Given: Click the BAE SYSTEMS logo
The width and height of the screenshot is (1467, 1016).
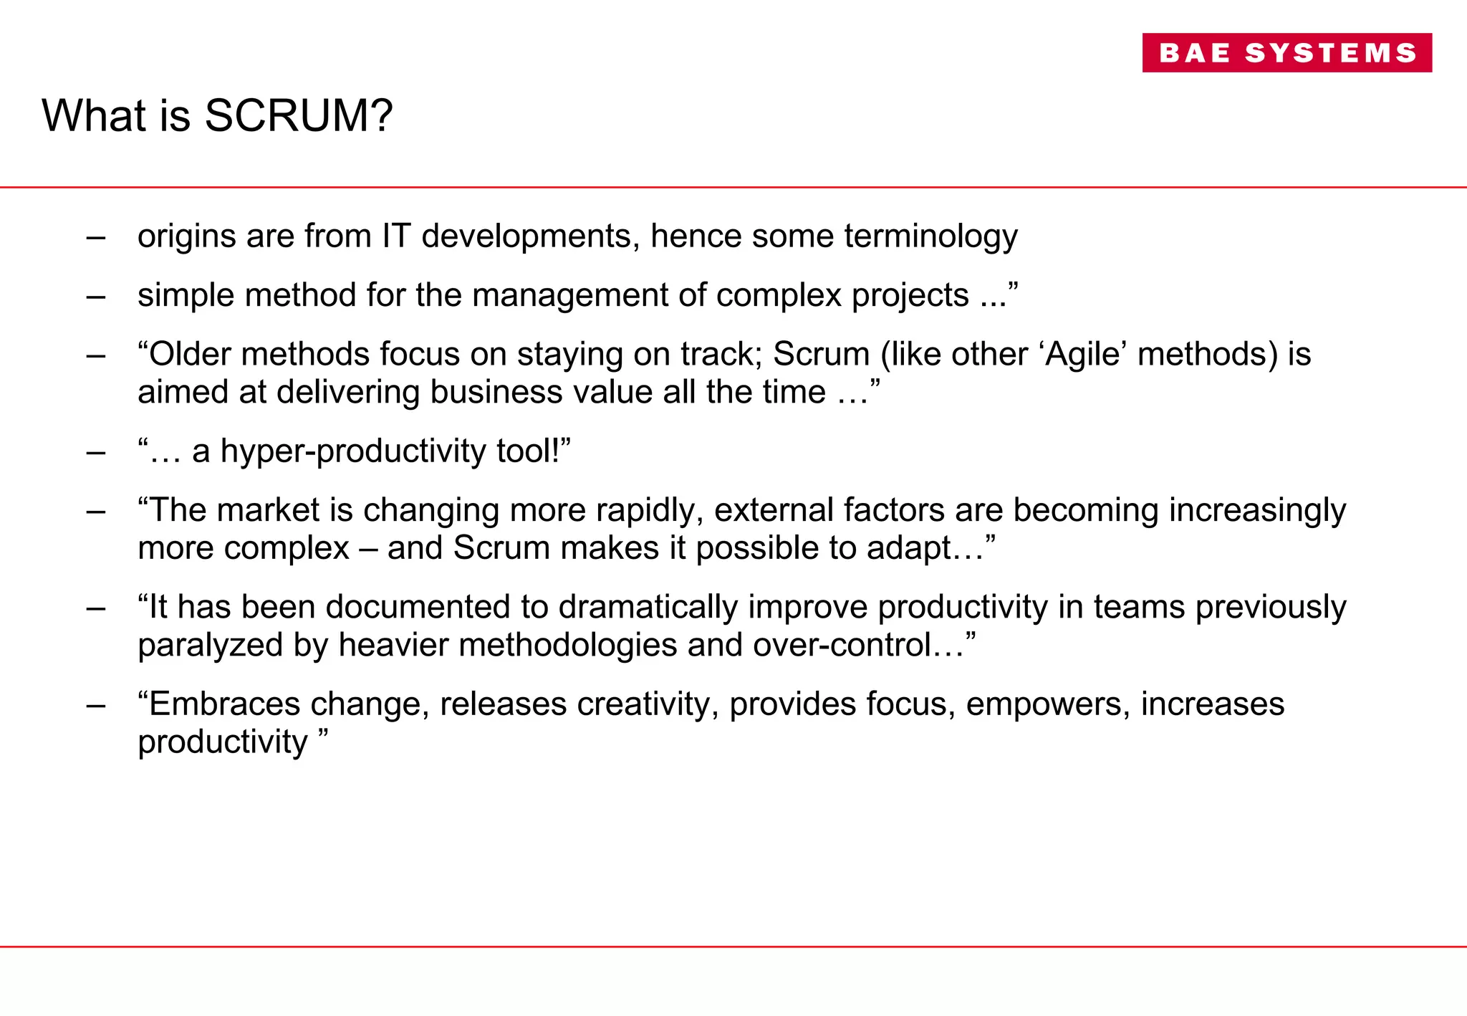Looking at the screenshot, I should pos(1286,52).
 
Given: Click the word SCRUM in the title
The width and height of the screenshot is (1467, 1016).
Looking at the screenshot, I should pos(298,115).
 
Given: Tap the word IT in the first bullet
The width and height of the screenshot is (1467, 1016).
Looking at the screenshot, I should pos(396,236).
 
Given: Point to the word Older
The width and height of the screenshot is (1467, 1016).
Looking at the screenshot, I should pos(189,354).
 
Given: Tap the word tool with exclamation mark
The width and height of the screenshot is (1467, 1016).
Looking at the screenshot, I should pos(529,451).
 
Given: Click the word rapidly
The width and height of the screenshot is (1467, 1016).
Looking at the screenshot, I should pos(649,511).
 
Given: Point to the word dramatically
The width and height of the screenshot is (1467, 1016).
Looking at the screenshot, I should pos(648,608).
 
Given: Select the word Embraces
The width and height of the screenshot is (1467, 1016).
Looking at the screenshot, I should pos(224,704).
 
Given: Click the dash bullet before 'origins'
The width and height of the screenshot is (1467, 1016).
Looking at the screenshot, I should pos(95,237).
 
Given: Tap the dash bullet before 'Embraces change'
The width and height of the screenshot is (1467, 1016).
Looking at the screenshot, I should pos(95,705).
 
